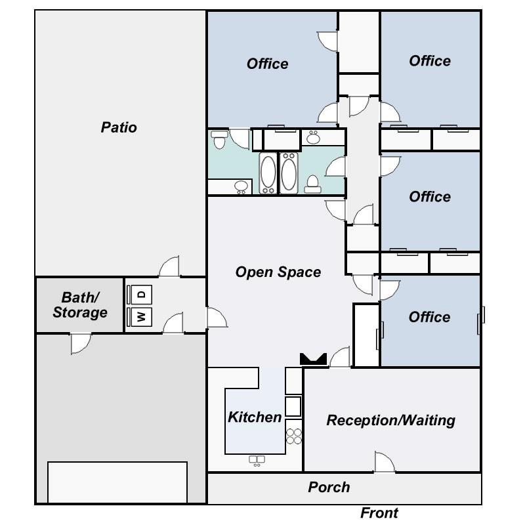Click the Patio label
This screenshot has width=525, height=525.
pos(119,127)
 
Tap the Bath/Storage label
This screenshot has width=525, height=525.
pos(80,305)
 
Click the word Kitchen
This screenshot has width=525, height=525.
pos(255,417)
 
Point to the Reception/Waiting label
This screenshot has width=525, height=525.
pos(390,420)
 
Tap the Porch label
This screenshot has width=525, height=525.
pos(329,487)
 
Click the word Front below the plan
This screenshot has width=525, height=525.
pos(379,513)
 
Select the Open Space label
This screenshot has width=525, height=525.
pos(278,272)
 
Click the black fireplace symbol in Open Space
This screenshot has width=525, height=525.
pos(313,359)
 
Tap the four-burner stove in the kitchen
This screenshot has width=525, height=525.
pos(294,436)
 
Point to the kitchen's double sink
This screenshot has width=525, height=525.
pos(256,461)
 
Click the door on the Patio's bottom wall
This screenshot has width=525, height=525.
pos(169,267)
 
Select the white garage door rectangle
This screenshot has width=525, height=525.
pos(117,482)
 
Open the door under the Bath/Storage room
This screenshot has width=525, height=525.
pos(81,343)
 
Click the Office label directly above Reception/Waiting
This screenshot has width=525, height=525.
pos(429,317)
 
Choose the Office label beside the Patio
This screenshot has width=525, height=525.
pos(267,64)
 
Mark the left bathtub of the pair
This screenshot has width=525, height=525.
pos(268,173)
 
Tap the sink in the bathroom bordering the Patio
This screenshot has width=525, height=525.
pos(241,186)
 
